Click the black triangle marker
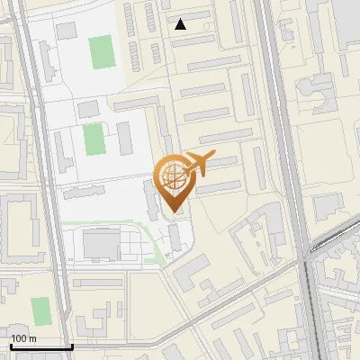181,24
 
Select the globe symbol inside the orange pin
173,176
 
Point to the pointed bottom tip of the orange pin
173,212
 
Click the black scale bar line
41,346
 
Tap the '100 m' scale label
24,338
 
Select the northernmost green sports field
102,50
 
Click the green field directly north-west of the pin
93,139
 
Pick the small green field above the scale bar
40,311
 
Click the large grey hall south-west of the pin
101,243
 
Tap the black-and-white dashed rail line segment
333,237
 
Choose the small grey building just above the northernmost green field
67,31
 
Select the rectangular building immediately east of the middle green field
124,138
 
